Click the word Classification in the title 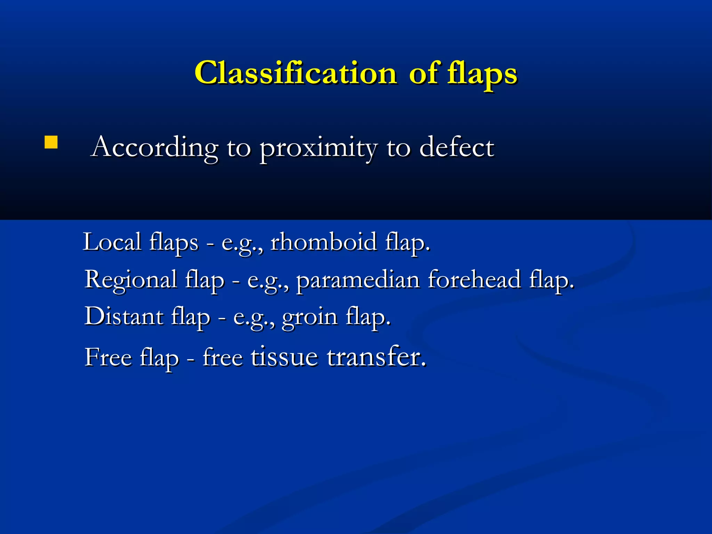click(x=296, y=73)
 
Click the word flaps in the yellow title click(x=482, y=74)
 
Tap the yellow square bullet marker click(x=51, y=143)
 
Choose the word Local click(x=112, y=242)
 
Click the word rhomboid click(x=324, y=242)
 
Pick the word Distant click(x=124, y=317)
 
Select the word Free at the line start click(x=108, y=357)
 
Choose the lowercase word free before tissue click(x=222, y=357)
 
